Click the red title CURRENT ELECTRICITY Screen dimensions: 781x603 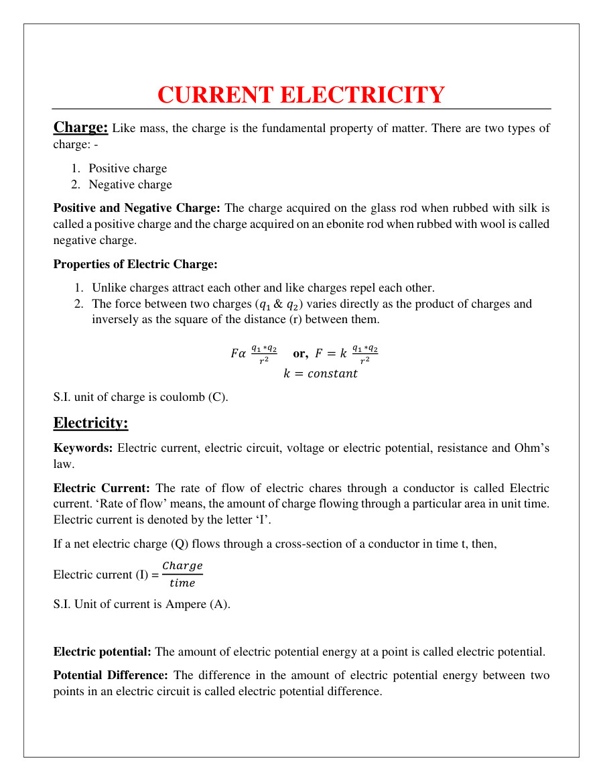(301, 95)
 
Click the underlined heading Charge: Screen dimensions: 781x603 (80, 127)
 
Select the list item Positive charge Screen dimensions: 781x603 (127, 168)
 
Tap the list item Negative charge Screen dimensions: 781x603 (130, 184)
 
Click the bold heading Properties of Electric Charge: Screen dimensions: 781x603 (135, 264)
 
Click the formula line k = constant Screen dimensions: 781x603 (320, 374)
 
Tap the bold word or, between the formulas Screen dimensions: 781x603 (300, 353)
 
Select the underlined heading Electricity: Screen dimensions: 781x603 (90, 423)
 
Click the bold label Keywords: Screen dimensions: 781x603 (83, 448)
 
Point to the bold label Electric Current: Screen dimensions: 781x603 (101, 488)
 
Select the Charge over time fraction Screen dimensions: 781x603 (182, 575)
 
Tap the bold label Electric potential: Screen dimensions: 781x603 (103, 652)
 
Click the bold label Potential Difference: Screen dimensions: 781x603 (111, 675)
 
